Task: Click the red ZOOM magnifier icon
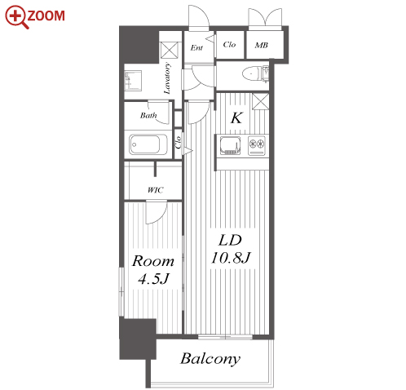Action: pos(17,17)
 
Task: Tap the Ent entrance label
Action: pos(196,48)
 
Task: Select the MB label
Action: pos(262,45)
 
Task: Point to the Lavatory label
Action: pos(167,78)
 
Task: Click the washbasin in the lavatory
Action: pos(133,81)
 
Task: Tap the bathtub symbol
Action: pos(144,144)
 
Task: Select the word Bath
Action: pos(148,116)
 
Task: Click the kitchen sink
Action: pos(230,145)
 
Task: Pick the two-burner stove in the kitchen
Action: pos(257,145)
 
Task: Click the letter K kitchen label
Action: pos(236,118)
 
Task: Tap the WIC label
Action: pos(156,189)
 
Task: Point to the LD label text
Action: pos(230,241)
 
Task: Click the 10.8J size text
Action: pos(231,258)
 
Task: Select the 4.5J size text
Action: pos(154,278)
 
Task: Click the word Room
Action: pos(153,261)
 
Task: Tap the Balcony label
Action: pos(210,359)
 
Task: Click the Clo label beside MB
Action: pos(229,44)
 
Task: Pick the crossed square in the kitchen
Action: pos(260,101)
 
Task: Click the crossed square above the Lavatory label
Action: pos(170,50)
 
